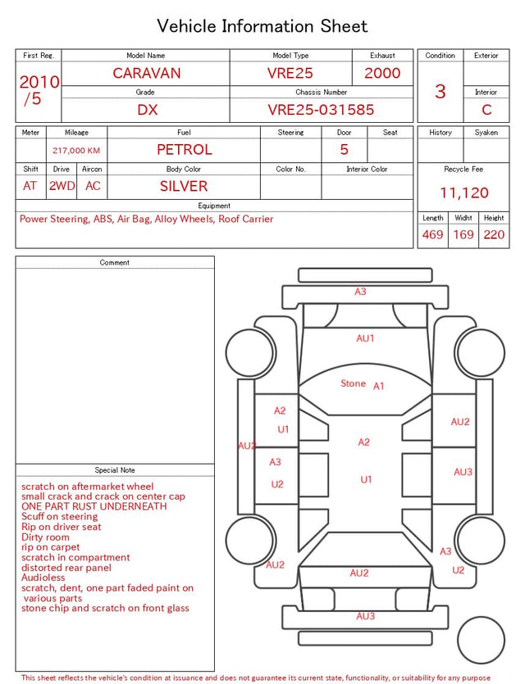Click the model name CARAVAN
[x=147, y=73]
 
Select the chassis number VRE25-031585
[x=321, y=110]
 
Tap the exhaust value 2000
[x=382, y=73]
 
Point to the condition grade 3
[x=441, y=92]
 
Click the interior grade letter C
[x=486, y=110]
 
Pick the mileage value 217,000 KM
[x=76, y=151]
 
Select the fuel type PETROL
[x=185, y=150]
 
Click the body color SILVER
[x=184, y=186]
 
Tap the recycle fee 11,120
[x=463, y=193]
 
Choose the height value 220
[x=494, y=234]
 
